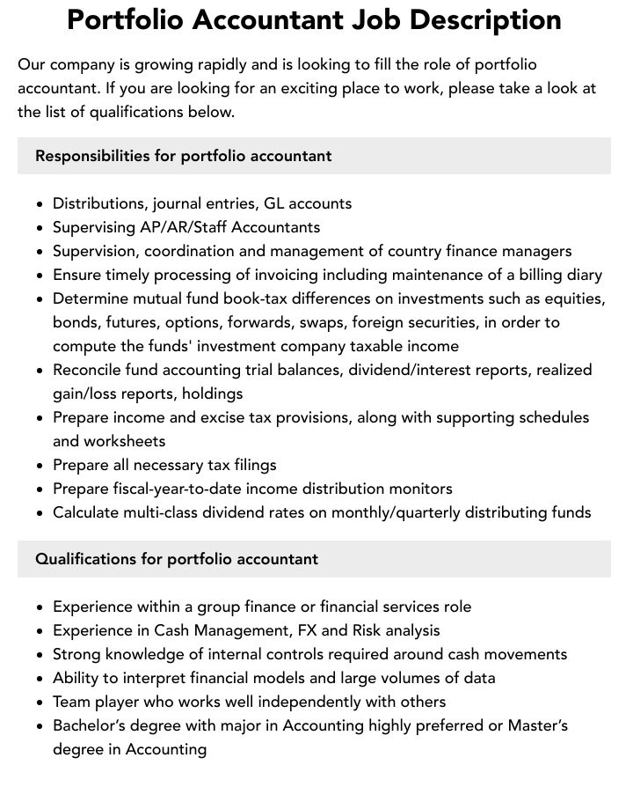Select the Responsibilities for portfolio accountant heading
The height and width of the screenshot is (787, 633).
pyautogui.click(x=183, y=156)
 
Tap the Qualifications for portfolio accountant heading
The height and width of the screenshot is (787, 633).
pyautogui.click(x=177, y=559)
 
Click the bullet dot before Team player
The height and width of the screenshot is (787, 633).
pyautogui.click(x=40, y=702)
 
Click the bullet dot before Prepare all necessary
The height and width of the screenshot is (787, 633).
pyautogui.click(x=40, y=466)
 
